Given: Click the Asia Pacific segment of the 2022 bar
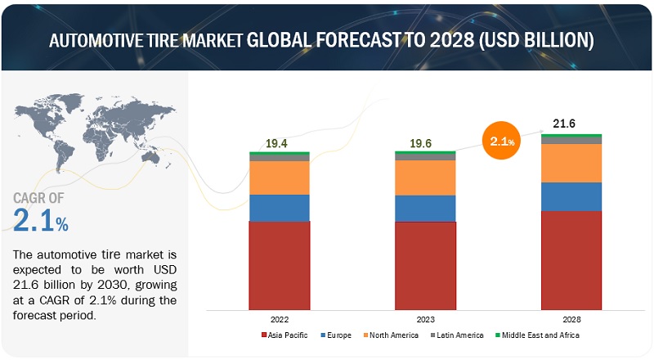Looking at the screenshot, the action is (x=280, y=266).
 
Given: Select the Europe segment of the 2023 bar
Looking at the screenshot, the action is (x=425, y=209).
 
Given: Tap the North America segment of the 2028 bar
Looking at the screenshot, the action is (x=571, y=164).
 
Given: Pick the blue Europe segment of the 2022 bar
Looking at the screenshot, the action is (x=280, y=208).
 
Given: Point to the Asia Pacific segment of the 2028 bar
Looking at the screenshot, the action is (x=571, y=261).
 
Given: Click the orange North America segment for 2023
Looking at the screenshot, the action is (x=425, y=178).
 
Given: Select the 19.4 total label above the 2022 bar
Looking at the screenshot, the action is (x=276, y=144).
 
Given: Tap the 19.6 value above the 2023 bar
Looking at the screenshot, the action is (x=420, y=144).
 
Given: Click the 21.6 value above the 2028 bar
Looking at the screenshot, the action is (x=564, y=124).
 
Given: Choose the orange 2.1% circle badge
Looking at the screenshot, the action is (x=502, y=141).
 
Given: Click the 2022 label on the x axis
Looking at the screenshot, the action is (x=280, y=319).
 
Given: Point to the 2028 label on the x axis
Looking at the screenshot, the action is (x=571, y=319).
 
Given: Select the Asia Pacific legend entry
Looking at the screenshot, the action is (x=284, y=335).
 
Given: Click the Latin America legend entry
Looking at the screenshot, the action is (x=457, y=335).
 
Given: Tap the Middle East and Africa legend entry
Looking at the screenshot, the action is (x=537, y=335).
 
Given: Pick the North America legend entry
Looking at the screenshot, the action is (x=391, y=335).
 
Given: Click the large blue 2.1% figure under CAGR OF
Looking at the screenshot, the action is (x=40, y=220).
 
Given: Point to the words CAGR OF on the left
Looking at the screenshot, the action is (x=38, y=198).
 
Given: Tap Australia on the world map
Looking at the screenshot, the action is (x=151, y=157).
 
